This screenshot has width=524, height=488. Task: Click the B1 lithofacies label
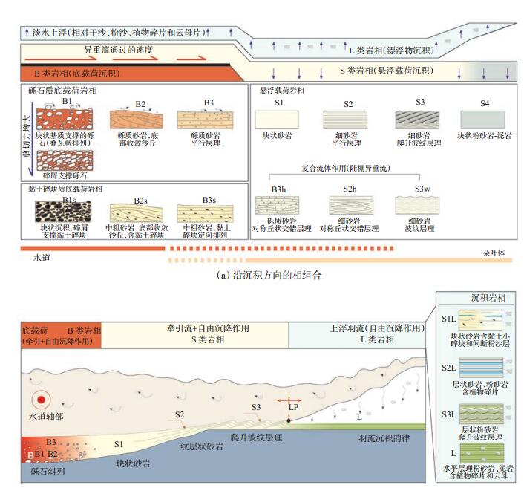click(67, 100)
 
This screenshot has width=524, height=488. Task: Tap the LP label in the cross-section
click(293, 407)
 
